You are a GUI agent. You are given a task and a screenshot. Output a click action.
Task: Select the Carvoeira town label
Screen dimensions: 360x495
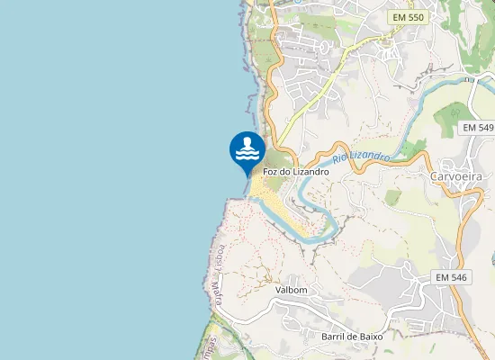[459, 175]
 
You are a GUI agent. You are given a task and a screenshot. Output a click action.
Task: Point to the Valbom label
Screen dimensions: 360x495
[292, 290]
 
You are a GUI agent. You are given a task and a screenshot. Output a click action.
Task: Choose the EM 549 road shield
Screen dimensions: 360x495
[478, 129]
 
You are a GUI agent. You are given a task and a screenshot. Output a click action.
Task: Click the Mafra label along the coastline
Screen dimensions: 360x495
[216, 291]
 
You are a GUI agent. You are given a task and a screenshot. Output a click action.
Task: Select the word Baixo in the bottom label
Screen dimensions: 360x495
[370, 336]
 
